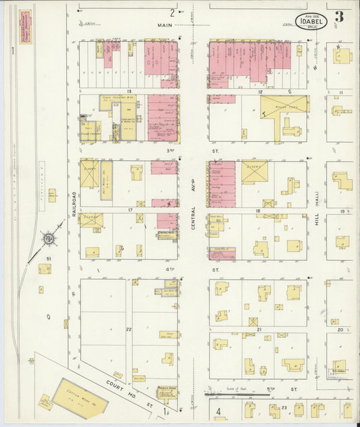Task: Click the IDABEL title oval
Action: [311, 21]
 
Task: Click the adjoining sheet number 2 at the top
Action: [172, 12]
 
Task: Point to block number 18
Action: [257, 211]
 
